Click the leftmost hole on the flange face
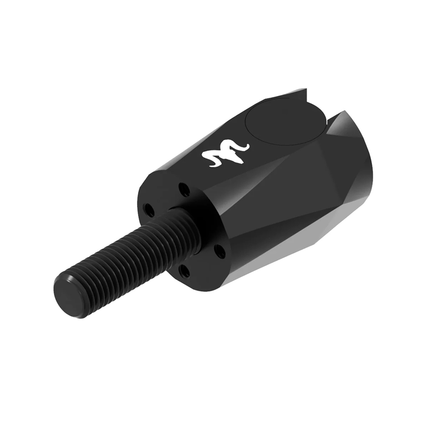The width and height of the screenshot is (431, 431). pos(149,210)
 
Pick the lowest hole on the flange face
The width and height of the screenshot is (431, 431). pos(184,270)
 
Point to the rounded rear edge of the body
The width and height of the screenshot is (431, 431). pos(369,172)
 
